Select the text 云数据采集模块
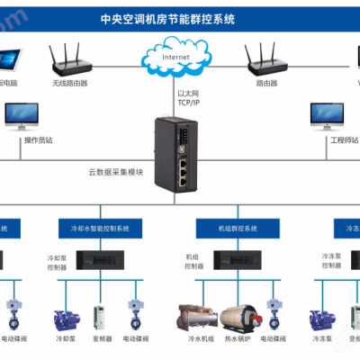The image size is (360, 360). tap(115, 171)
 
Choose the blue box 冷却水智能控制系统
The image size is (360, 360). tap(100, 229)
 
